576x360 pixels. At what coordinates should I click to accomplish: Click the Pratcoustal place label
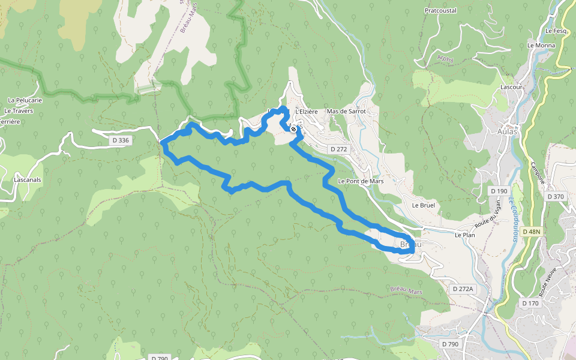(x=440, y=10)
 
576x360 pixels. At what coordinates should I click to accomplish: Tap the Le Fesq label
(x=556, y=31)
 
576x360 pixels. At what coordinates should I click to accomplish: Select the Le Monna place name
(x=541, y=45)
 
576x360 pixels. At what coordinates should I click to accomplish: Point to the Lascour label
(x=512, y=86)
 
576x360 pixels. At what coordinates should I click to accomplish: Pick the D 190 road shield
(x=499, y=191)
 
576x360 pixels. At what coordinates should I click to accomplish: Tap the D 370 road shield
(x=556, y=196)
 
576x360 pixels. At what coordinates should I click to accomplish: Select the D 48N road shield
(x=532, y=232)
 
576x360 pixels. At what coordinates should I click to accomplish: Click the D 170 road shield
(x=530, y=303)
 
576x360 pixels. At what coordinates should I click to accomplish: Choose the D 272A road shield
(x=463, y=289)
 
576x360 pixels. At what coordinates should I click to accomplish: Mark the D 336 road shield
(x=120, y=140)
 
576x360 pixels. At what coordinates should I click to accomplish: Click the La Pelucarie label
(x=25, y=100)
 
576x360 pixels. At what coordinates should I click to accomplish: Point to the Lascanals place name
(x=27, y=179)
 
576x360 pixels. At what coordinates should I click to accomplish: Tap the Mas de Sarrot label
(x=346, y=112)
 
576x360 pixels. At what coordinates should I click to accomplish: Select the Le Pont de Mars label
(x=361, y=181)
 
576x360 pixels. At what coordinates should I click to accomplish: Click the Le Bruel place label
(x=423, y=205)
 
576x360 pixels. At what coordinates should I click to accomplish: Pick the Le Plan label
(x=464, y=235)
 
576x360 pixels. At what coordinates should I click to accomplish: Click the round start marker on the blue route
(x=293, y=128)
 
